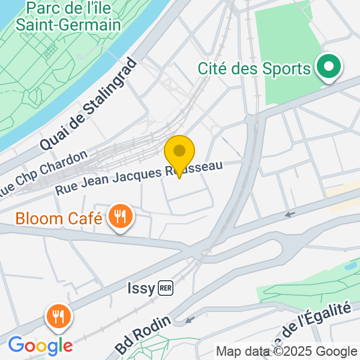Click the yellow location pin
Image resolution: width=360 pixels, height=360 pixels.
tap(179, 153)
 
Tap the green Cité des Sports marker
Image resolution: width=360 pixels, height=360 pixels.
tap(328, 67)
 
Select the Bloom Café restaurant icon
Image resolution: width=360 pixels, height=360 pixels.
tap(121, 217)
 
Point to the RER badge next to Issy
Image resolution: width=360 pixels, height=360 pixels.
tap(166, 289)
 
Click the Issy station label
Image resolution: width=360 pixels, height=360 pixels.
tap(141, 289)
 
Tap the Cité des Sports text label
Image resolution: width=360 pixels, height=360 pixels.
tap(254, 68)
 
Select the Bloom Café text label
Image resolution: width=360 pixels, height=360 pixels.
tap(59, 218)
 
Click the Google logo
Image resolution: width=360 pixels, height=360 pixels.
tap(40, 346)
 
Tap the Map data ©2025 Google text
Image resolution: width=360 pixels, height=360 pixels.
tap(286, 352)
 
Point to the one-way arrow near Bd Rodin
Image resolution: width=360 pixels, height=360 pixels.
tap(190, 320)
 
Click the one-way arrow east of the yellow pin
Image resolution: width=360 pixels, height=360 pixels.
tap(290, 214)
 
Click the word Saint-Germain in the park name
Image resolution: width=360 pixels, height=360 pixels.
tap(68, 25)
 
